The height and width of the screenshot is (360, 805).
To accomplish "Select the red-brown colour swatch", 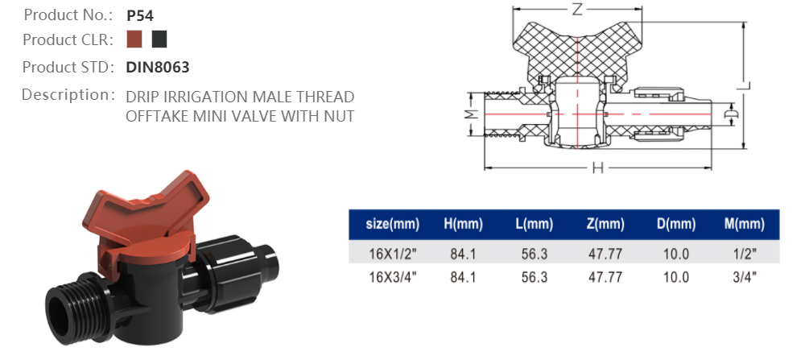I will [134, 39].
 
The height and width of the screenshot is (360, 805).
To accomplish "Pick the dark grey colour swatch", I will [159, 39].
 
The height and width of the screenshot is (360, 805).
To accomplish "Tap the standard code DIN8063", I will [158, 68].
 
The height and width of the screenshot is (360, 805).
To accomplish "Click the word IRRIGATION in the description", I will [194, 97].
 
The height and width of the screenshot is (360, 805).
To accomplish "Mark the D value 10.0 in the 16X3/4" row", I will [675, 277].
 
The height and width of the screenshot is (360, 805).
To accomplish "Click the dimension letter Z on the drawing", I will [576, 10].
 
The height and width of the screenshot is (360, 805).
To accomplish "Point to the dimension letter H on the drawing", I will [597, 168].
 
